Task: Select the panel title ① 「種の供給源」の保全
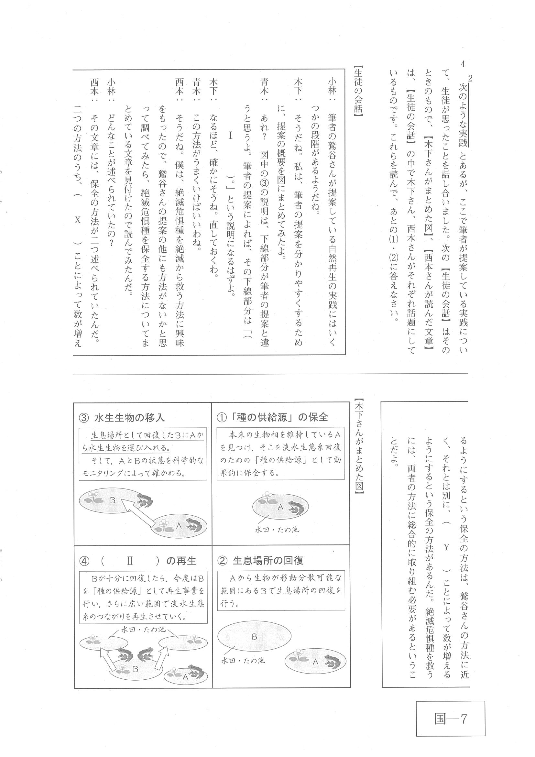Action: [272, 417]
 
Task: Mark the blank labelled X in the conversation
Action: [78, 220]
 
